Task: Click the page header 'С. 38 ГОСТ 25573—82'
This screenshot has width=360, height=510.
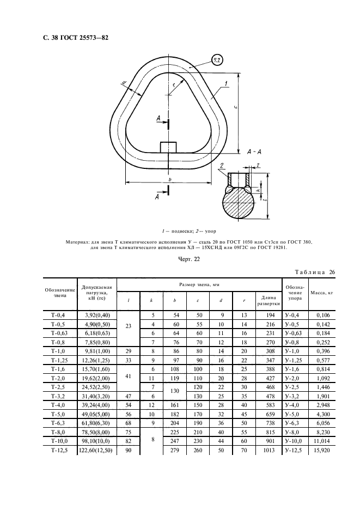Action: [x=76, y=38]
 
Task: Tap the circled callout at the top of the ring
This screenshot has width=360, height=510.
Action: [x=217, y=60]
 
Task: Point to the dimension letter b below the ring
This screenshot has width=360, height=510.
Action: [x=170, y=179]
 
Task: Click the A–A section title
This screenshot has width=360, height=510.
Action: [x=254, y=151]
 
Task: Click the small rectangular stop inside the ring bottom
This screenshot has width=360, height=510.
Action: [x=168, y=147]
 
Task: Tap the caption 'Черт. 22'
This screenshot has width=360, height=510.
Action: [x=189, y=259]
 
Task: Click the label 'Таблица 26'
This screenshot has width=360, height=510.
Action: [x=315, y=272]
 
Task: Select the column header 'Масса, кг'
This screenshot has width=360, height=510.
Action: [x=322, y=293]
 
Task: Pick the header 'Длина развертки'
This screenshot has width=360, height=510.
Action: [x=269, y=301]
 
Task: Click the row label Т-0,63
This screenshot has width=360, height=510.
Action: [x=60, y=333]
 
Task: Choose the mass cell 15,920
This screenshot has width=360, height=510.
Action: [x=322, y=451]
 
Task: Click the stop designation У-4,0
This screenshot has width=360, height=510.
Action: [x=295, y=405]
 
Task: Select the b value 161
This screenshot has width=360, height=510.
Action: [x=175, y=405]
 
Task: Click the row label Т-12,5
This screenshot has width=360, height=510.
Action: [x=60, y=451]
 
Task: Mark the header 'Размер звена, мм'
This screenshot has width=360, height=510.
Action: [x=199, y=284]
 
